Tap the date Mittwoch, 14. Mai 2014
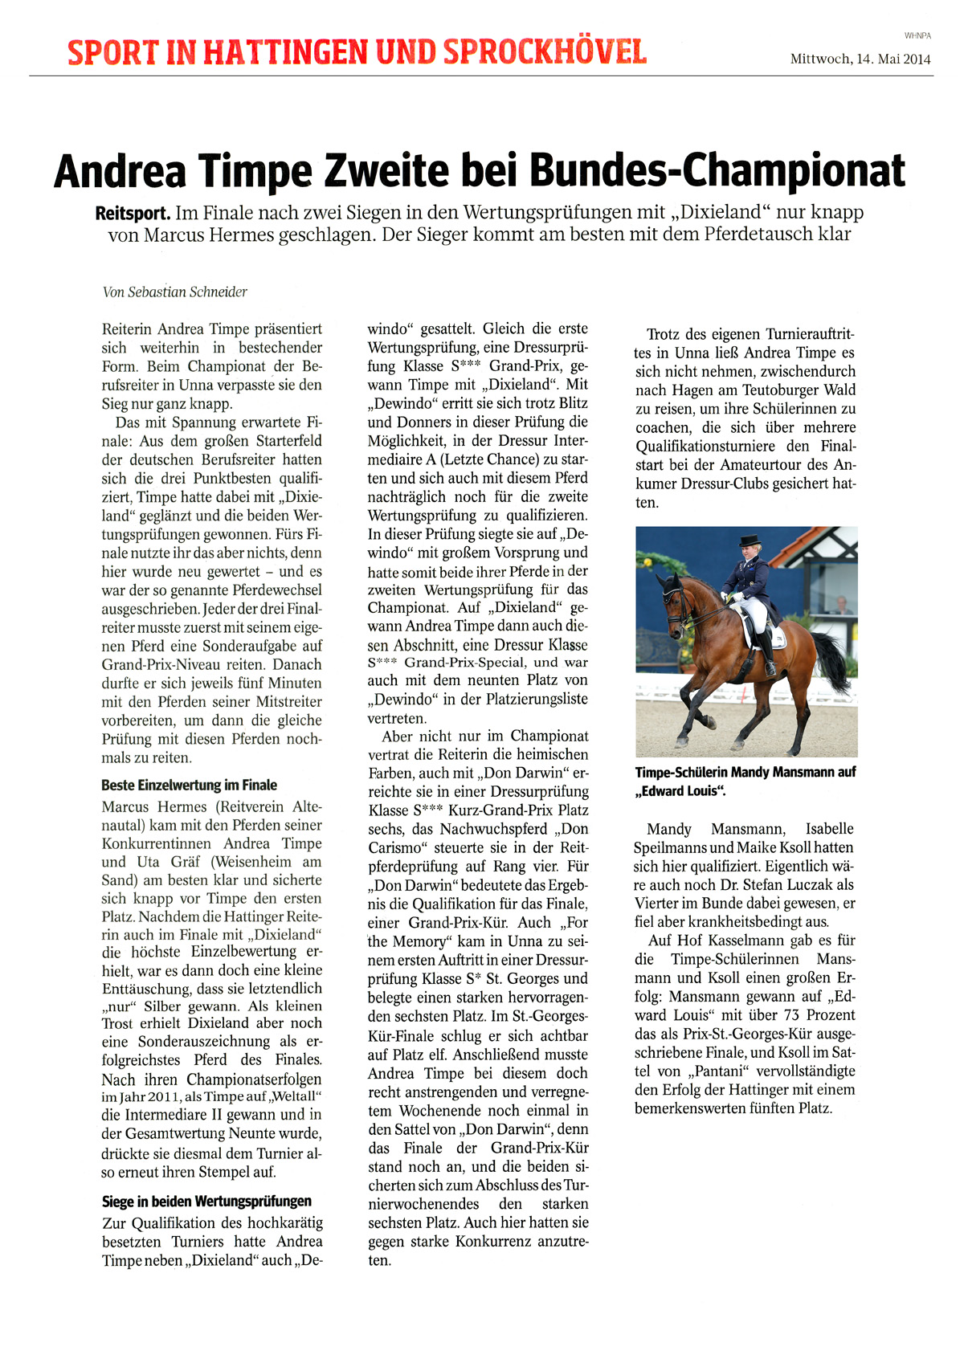[x=860, y=59]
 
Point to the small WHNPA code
[x=917, y=36]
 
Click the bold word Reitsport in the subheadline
[x=132, y=214]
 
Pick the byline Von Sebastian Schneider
[x=174, y=292]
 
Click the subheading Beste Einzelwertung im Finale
[x=189, y=786]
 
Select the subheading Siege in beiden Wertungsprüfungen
[x=206, y=1202]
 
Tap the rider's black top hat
[x=750, y=541]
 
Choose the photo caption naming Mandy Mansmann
[x=745, y=781]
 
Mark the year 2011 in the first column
[x=152, y=1097]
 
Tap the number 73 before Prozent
[x=791, y=1015]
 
